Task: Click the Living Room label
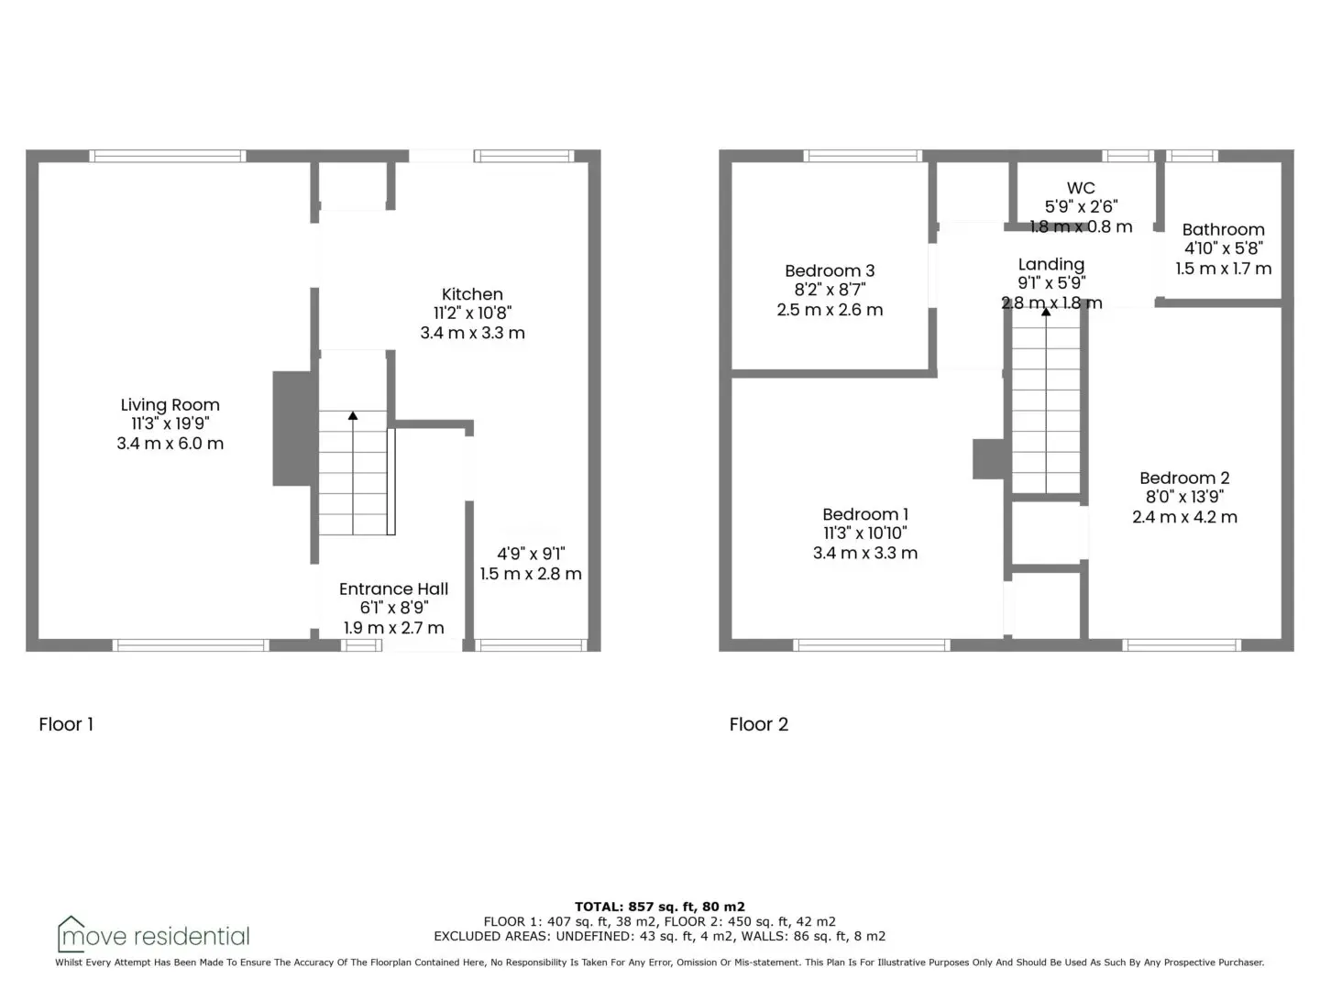[170, 404]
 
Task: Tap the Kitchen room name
[472, 294]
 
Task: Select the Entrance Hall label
[394, 588]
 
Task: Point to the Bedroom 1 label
[865, 514]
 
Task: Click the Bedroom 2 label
[1184, 478]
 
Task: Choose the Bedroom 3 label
[830, 270]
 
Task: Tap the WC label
[1081, 188]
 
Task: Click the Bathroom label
[1223, 229]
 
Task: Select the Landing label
[1051, 265]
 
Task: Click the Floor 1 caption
[66, 724]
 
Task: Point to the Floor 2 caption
[758, 724]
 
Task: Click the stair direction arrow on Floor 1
[353, 472]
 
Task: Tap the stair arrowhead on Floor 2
[1046, 312]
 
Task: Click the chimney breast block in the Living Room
[294, 428]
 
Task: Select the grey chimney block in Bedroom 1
[990, 458]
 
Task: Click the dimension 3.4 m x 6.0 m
[170, 444]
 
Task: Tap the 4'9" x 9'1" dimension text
[531, 554]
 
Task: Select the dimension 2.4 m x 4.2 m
[1184, 517]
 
